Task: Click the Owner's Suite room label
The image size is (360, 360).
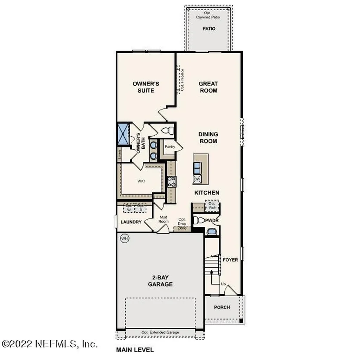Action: tap(146, 87)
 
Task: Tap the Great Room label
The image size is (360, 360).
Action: tap(208, 87)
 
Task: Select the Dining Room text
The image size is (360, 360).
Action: tap(208, 137)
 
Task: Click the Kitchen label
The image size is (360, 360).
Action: tap(207, 193)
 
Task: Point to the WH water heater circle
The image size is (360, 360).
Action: tap(124, 238)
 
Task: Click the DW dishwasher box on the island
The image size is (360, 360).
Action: tap(197, 179)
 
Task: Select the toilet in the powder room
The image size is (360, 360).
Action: tap(199, 220)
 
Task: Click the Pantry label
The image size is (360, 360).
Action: tap(170, 147)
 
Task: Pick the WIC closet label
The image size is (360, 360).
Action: tap(141, 181)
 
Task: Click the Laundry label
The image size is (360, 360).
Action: tap(131, 222)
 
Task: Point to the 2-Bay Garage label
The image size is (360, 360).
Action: tap(160, 281)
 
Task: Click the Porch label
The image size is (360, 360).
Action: tap(222, 307)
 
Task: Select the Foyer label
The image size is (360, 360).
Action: tap(231, 260)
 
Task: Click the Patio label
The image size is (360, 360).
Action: tap(209, 28)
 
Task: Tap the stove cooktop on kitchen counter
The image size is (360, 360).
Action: tap(172, 182)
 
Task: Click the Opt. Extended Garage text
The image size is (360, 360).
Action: tap(160, 332)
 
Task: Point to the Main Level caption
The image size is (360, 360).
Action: tap(135, 350)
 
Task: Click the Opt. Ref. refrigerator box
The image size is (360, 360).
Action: tap(212, 206)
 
